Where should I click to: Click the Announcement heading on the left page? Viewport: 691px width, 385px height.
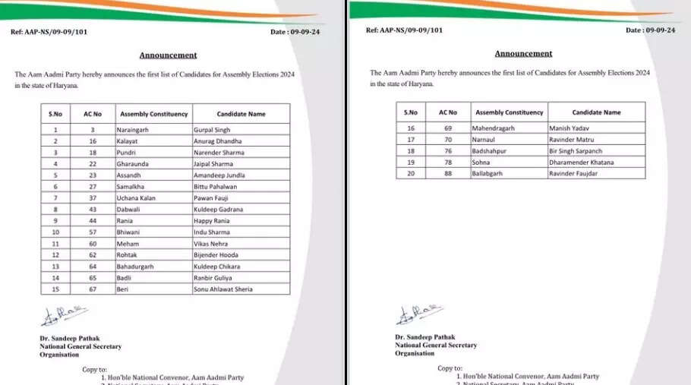point(168,55)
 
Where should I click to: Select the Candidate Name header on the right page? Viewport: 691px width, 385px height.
point(596,112)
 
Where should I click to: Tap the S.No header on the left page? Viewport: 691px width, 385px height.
point(55,114)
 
